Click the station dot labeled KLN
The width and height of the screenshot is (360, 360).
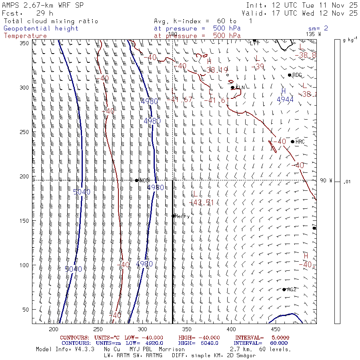pyautogui.click(x=232, y=88)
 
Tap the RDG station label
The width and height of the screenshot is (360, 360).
pyautogui.click(x=297, y=75)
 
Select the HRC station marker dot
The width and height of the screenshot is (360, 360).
pyautogui.click(x=292, y=142)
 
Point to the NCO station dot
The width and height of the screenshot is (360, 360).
pyautogui.click(x=137, y=180)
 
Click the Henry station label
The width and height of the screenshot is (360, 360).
pyautogui.click(x=182, y=216)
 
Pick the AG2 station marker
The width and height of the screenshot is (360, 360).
pyautogui.click(x=284, y=290)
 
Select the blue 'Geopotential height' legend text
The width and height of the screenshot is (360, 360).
pyautogui.click(x=41, y=28)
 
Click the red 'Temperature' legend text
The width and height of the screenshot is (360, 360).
pyautogui.click(x=25, y=36)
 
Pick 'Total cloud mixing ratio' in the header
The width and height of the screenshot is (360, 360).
pyautogui.click(x=50, y=21)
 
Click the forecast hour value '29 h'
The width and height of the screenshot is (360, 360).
pyautogui.click(x=44, y=13)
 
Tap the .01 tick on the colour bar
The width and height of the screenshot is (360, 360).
pyautogui.click(x=347, y=182)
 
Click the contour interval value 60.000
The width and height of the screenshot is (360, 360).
pyautogui.click(x=276, y=343)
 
